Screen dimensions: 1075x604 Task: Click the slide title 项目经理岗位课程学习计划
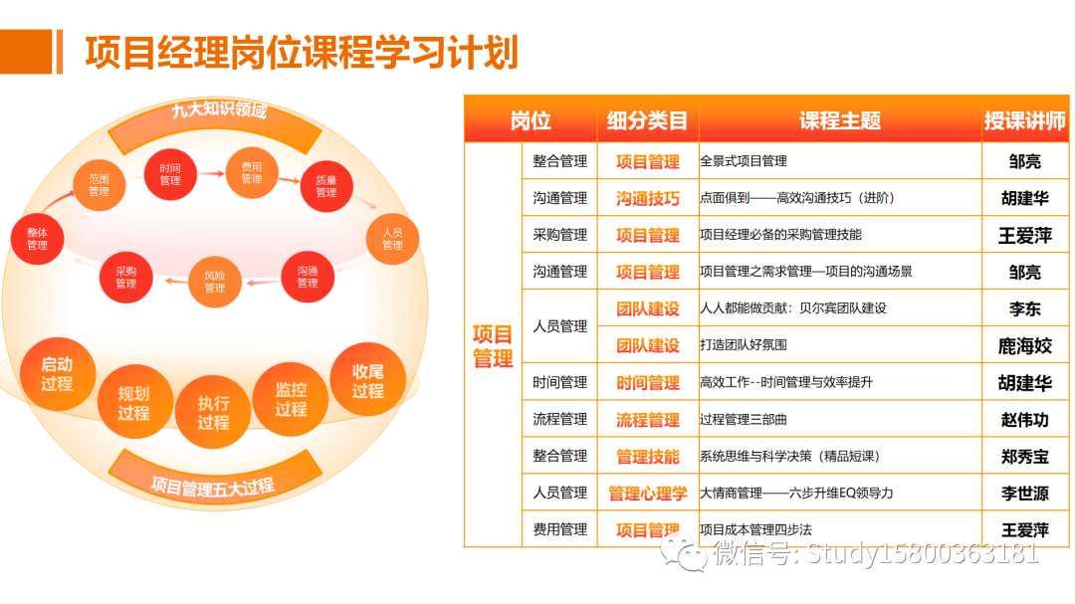(x=302, y=52)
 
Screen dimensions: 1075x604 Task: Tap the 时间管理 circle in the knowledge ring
(x=170, y=174)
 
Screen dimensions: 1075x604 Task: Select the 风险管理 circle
(x=215, y=282)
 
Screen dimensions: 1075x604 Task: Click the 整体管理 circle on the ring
(x=37, y=239)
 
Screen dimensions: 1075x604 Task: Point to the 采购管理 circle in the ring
(x=125, y=278)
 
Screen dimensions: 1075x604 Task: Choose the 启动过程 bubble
(x=57, y=374)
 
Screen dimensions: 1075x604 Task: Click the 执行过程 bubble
(x=213, y=412)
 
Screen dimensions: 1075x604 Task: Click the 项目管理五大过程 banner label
(x=213, y=487)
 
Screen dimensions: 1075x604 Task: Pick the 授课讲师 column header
(x=1024, y=120)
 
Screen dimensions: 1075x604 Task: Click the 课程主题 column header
(x=839, y=120)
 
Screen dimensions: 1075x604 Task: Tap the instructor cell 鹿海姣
(x=1024, y=346)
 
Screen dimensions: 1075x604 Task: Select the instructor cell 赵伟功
(x=1024, y=420)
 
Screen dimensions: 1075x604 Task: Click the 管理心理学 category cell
(x=648, y=494)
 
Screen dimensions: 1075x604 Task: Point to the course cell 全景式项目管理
(x=744, y=161)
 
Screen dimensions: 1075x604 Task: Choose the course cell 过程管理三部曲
(x=746, y=420)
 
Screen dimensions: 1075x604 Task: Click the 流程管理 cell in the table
(x=559, y=420)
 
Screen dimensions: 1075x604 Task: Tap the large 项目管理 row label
(x=493, y=346)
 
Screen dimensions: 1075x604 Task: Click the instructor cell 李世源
(x=1024, y=494)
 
